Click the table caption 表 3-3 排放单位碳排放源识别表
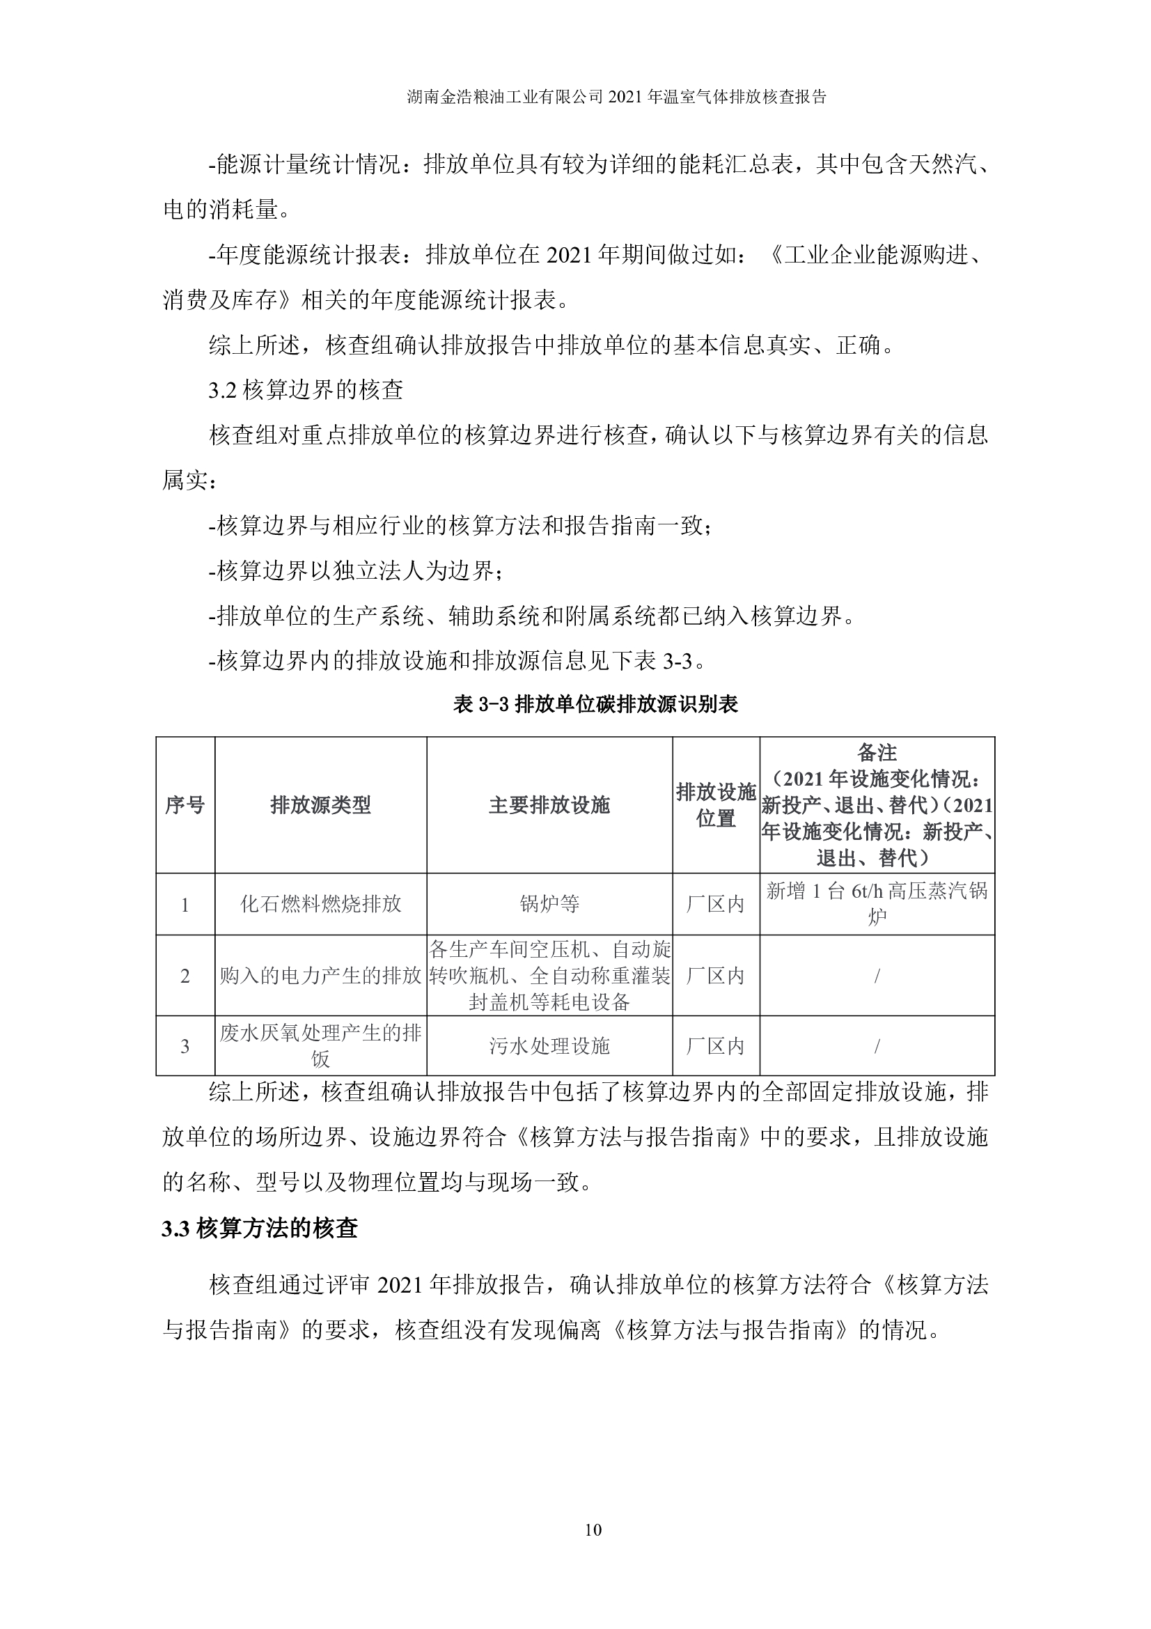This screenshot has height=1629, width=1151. [x=596, y=704]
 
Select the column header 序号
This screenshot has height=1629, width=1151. [x=185, y=805]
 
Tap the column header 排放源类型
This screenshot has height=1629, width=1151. [x=320, y=805]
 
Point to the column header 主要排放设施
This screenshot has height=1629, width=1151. [x=549, y=805]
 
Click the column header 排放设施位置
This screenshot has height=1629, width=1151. [x=717, y=805]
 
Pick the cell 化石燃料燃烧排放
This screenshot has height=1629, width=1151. [x=320, y=904]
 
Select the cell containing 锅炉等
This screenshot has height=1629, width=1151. [x=549, y=904]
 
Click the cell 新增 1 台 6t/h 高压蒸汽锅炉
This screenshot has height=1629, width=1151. [x=877, y=903]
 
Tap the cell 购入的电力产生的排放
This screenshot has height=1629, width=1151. [x=320, y=976]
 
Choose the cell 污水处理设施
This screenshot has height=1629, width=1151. [x=549, y=1046]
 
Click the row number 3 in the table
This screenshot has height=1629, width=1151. [x=185, y=1047]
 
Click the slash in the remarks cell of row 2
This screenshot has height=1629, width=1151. [x=877, y=976]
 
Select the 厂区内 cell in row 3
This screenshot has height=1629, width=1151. [x=717, y=1046]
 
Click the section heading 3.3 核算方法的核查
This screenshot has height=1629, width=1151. [x=260, y=1228]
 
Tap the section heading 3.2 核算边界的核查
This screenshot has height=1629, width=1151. [x=306, y=389]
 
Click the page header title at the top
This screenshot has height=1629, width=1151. [x=617, y=97]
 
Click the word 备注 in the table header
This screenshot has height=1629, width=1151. [x=877, y=752]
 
